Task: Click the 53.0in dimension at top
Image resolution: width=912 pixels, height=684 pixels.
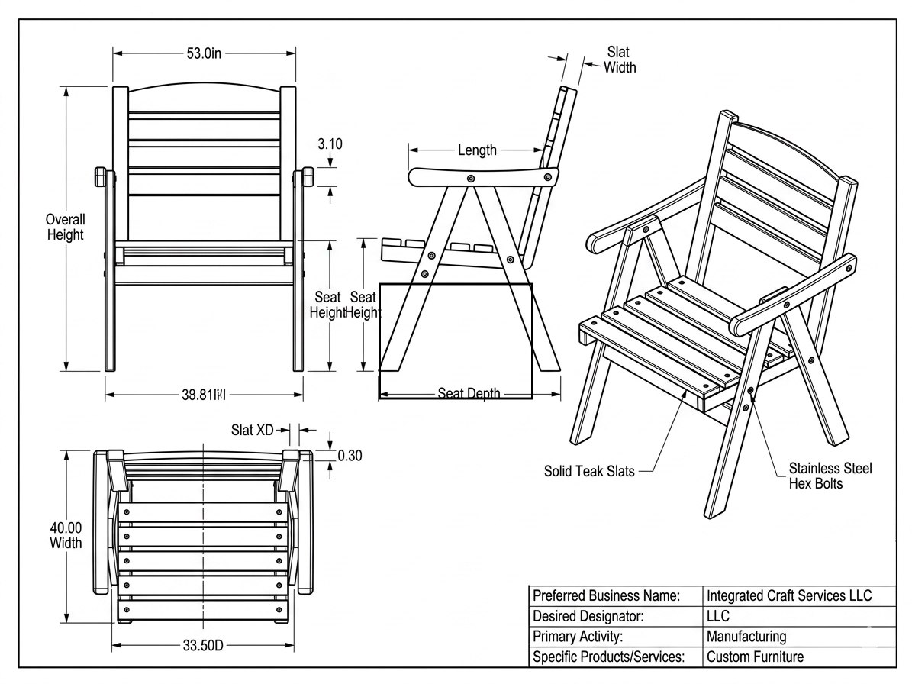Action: click(204, 53)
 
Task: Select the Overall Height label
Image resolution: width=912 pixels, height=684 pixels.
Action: click(65, 227)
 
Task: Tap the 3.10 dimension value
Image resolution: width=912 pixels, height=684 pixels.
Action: click(330, 144)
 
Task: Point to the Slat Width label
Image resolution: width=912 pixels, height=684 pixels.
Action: click(620, 59)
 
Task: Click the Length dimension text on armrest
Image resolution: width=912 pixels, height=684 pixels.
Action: click(477, 150)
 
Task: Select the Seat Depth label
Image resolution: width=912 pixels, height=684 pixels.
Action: click(469, 394)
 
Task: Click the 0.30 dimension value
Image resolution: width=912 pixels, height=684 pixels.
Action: click(350, 456)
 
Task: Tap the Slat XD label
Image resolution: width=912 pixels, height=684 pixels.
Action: click(252, 431)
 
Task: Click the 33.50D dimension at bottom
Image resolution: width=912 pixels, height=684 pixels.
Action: click(203, 646)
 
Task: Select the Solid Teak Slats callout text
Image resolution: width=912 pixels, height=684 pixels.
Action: click(588, 471)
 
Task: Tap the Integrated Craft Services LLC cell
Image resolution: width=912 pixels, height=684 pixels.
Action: click(789, 595)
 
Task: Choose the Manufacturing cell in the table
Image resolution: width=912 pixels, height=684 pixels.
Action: click(746, 636)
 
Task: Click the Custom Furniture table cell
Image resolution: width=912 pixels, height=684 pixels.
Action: click(755, 656)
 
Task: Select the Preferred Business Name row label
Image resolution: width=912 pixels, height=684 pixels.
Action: click(606, 595)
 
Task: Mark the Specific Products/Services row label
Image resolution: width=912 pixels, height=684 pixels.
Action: click(607, 656)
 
